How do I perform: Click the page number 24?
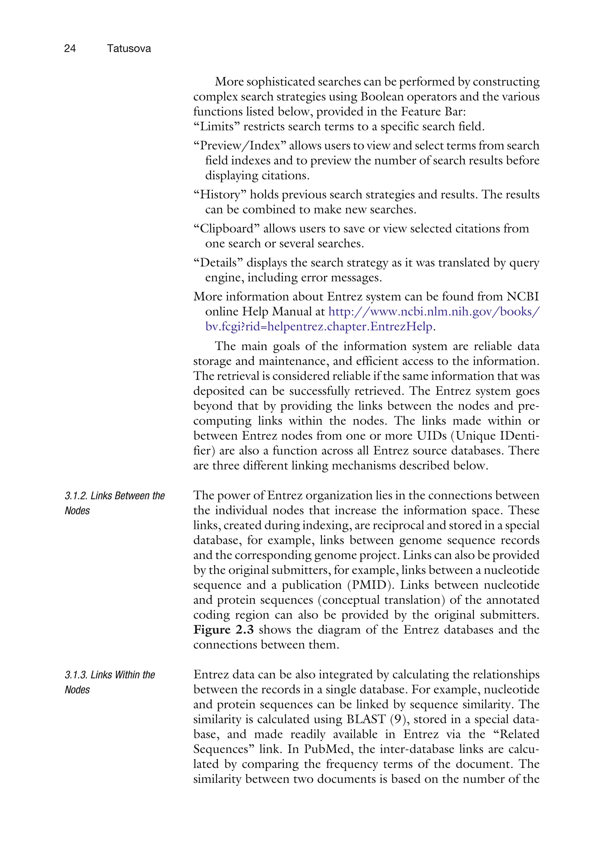click(70, 48)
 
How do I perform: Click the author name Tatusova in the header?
click(129, 48)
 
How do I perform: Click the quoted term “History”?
click(220, 195)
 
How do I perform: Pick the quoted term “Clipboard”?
click(226, 229)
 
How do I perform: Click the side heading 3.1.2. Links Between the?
click(115, 496)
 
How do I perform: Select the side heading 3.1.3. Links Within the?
click(110, 675)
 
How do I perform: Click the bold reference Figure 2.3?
click(223, 630)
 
